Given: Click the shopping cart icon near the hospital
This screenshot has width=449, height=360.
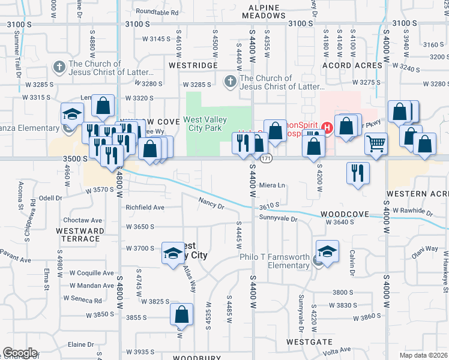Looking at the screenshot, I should [x=376, y=143].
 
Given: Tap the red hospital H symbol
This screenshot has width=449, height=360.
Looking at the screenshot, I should [x=327, y=127].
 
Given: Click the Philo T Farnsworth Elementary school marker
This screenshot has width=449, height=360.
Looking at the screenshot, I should [x=328, y=252].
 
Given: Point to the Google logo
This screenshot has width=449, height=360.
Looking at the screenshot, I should [x=20, y=353].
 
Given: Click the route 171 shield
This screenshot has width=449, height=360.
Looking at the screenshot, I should [x=267, y=158].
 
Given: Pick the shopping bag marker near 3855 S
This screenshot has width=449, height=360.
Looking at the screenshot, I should [x=181, y=314].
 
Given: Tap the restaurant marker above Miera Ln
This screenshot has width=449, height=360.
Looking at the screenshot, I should [x=358, y=173].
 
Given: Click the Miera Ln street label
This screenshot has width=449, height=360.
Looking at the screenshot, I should [x=272, y=185].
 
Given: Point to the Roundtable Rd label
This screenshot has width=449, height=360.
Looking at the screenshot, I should [x=157, y=12].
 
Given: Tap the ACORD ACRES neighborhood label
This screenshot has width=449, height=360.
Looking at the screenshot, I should [x=352, y=65].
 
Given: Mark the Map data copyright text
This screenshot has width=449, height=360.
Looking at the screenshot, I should [x=424, y=355].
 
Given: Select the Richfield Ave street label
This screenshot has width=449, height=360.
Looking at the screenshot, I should [x=145, y=208].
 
